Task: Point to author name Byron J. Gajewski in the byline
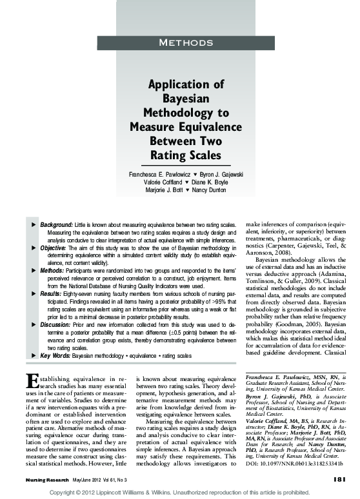tap(217, 175)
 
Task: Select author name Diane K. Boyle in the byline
tap(212, 182)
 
